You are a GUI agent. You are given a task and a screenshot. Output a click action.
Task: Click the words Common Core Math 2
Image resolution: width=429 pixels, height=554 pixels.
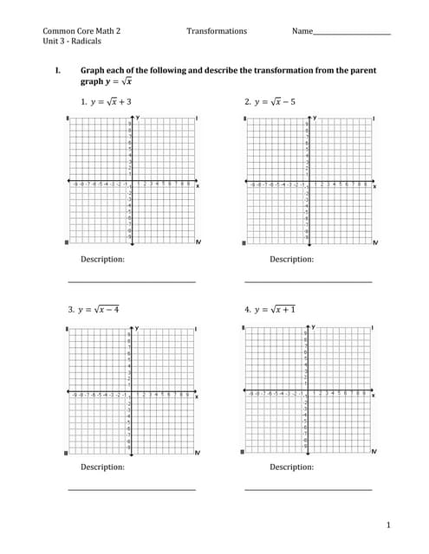click(81, 31)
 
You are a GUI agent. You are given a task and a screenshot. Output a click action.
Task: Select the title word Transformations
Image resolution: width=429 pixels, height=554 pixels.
click(216, 31)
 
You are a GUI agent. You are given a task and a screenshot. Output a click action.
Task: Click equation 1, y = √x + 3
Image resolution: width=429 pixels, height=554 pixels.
click(105, 101)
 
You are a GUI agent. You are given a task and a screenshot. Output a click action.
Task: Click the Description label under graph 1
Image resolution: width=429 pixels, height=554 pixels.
click(102, 259)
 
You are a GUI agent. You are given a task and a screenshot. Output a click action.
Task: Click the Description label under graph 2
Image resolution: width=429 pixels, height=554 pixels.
click(291, 259)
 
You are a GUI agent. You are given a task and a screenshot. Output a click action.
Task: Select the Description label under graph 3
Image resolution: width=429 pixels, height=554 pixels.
click(102, 467)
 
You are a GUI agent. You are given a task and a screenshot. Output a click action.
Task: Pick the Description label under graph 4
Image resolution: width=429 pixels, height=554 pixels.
click(291, 467)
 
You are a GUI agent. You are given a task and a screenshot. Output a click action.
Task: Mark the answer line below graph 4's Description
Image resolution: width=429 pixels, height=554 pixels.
click(309, 490)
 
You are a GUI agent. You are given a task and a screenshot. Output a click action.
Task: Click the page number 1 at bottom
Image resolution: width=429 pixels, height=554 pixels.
click(389, 525)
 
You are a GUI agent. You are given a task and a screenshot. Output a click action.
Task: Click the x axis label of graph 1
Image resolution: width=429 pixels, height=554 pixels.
click(197, 185)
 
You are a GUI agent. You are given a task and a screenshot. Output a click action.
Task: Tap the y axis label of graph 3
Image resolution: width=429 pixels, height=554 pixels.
click(136, 328)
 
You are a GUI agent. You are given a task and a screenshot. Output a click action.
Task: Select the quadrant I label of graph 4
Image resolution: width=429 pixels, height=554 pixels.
click(374, 328)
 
